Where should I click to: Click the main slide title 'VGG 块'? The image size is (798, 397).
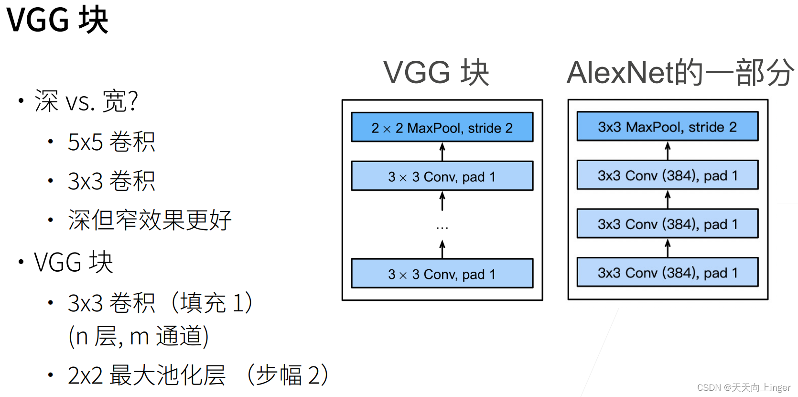pos(57,20)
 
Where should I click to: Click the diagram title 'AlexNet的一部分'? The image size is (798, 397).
pos(679,73)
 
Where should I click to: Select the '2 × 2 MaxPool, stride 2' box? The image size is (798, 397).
pos(442,127)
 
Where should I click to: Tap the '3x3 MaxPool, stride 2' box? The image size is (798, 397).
pos(667,126)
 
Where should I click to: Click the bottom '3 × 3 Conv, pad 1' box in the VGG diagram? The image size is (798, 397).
pos(442,274)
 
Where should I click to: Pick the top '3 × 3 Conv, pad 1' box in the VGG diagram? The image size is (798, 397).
pos(442,176)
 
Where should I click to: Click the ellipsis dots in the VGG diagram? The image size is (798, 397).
pos(442,228)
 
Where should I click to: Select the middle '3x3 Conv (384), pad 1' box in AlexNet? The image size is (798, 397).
pos(667,223)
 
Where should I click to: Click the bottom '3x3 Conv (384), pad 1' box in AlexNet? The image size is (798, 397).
pos(667,272)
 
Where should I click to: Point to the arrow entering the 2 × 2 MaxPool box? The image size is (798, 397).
pos(442,151)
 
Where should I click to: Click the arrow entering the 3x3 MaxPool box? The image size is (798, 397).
pos(668,150)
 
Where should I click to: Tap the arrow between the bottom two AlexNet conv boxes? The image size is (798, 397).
pos(668,248)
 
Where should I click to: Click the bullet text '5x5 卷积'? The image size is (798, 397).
pos(111,142)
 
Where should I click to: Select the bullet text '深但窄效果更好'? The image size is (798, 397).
pos(150,220)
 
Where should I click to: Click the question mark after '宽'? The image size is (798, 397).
pos(133,101)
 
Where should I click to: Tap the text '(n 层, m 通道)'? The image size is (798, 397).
pos(139,336)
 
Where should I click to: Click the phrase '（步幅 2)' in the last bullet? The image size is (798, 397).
pos(287,375)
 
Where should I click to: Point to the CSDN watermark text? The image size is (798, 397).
pos(744,387)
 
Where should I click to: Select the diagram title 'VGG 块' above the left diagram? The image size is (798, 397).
pos(436,73)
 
